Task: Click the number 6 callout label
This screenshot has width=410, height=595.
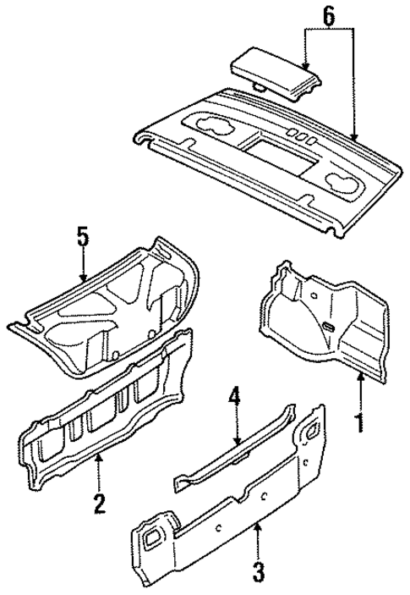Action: (329, 14)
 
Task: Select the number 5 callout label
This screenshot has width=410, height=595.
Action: (82, 237)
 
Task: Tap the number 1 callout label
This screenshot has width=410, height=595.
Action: (362, 420)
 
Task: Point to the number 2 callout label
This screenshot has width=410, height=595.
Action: (100, 504)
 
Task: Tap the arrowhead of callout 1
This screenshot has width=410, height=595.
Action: (362, 375)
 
